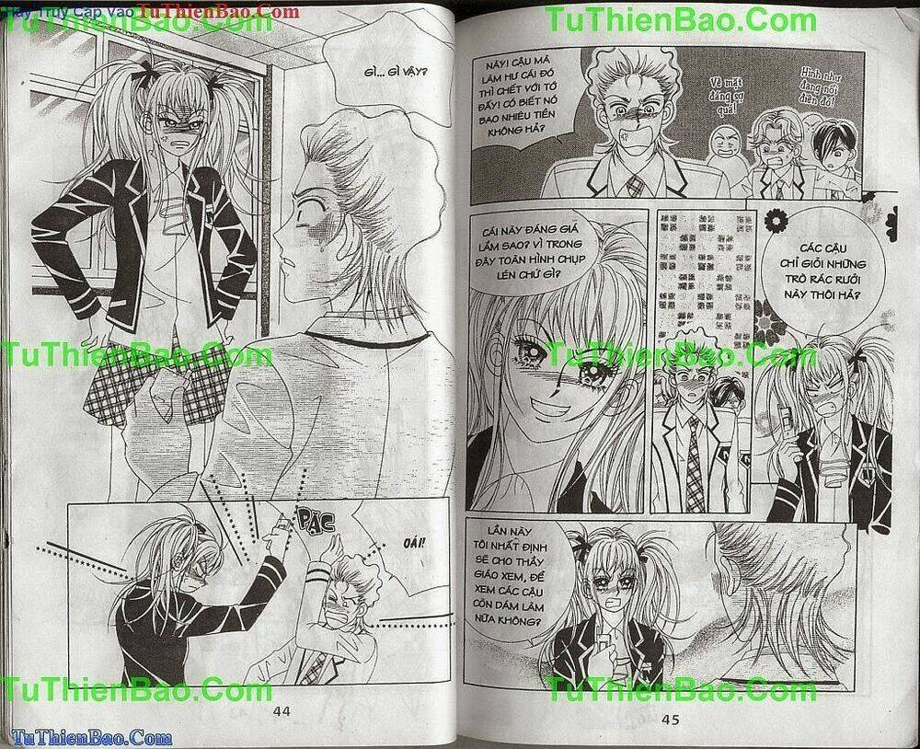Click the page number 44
(282, 710)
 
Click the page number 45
(670, 719)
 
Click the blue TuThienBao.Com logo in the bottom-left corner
(87, 737)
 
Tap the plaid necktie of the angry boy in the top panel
(635, 187)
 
